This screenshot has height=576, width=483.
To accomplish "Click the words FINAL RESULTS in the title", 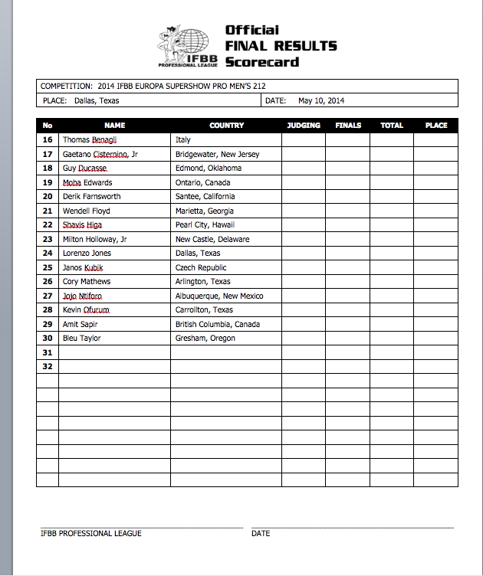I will coord(281,46).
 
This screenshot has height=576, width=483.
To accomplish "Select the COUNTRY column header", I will coord(226,126).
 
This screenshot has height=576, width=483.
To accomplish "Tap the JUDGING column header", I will coord(304,126).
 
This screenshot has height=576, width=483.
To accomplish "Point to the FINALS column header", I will coord(348,126).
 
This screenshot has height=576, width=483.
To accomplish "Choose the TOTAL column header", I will coord(392,126).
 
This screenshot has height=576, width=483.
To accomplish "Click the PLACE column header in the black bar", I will coord(435,126).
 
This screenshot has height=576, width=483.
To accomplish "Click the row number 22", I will coord(48,225).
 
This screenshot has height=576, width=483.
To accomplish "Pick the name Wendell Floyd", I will coord(86,211).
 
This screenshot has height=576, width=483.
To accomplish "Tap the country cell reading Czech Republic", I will coord(201,268).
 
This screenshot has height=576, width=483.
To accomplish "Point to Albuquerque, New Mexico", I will coord(219,296).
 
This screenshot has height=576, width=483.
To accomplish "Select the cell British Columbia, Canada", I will coord(218,325).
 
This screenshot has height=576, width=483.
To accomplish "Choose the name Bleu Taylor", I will coord(81,339).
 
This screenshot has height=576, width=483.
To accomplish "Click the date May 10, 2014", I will coord(321,100).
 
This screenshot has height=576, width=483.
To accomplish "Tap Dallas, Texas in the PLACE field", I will coord(97,100).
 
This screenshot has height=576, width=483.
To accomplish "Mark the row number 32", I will coord(48,367).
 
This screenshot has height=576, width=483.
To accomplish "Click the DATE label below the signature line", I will coord(261,534).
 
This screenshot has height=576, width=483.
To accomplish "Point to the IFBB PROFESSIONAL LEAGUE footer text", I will coord(91,534).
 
